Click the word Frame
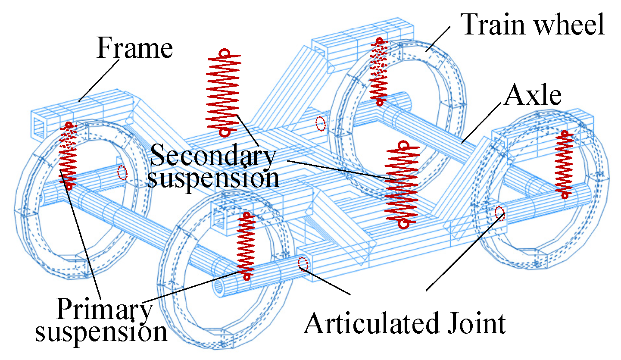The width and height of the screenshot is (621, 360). (134, 48)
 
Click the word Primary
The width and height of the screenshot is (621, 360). (104, 309)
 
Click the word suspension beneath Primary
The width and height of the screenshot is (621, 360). (101, 332)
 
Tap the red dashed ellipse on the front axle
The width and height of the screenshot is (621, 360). (303, 263)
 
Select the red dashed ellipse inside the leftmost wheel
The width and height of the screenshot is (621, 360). (122, 172)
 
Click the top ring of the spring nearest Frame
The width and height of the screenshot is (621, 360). (224, 53)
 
